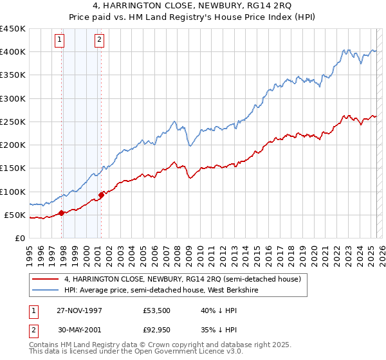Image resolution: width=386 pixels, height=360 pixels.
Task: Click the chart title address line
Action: (x=193, y=6)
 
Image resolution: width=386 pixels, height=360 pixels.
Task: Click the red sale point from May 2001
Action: (x=101, y=195)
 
